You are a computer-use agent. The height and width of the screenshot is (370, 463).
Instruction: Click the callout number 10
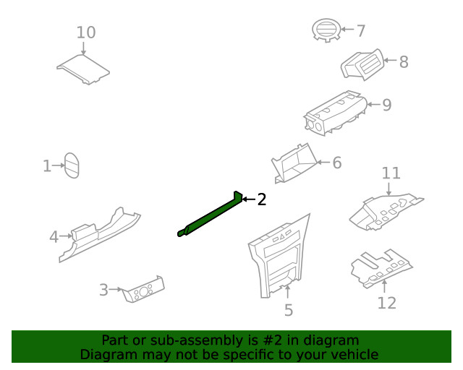click(x=86, y=33)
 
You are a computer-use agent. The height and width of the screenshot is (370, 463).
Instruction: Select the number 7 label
click(x=360, y=30)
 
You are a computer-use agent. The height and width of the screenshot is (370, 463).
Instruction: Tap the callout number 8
click(x=403, y=62)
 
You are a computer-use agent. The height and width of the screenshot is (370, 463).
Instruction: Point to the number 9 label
click(x=386, y=105)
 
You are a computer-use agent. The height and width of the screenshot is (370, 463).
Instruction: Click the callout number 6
click(x=336, y=163)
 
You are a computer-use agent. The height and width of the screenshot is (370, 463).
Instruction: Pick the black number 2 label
click(x=262, y=199)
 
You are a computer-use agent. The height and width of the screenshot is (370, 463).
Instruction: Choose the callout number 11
click(x=391, y=173)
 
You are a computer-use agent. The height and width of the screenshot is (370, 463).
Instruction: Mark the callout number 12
click(x=387, y=302)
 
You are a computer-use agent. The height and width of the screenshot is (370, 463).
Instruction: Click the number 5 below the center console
click(x=289, y=311)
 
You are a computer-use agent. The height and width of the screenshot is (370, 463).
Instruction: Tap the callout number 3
click(x=103, y=290)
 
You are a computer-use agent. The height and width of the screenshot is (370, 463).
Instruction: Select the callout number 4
click(x=54, y=236)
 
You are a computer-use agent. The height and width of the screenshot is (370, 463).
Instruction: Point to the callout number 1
click(x=47, y=167)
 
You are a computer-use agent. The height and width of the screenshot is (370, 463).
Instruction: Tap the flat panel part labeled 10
click(x=84, y=68)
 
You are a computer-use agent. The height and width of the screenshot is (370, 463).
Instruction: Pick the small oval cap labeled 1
click(x=71, y=165)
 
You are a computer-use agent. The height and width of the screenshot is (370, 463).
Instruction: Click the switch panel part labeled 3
click(x=145, y=288)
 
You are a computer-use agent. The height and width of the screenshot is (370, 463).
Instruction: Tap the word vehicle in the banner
click(x=354, y=354)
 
